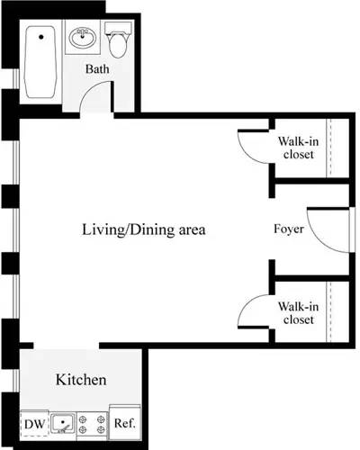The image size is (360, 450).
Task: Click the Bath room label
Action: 98,69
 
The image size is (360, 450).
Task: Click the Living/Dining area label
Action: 145,229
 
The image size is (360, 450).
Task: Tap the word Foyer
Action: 289,229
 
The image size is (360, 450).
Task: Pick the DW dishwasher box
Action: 33,421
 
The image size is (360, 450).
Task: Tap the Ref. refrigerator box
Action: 122,421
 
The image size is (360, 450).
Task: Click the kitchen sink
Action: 62,421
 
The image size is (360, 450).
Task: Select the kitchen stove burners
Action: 91,421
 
